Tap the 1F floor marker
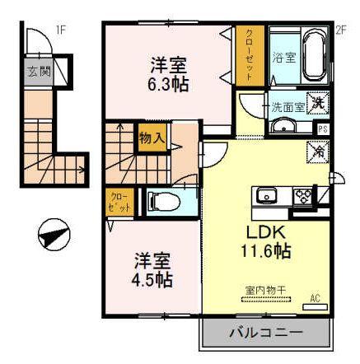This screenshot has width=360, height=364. point(60,30)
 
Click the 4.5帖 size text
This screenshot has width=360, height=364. point(153,280)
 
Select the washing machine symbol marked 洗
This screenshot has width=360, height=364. point(317,104)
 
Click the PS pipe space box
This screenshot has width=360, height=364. point(322,128)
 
